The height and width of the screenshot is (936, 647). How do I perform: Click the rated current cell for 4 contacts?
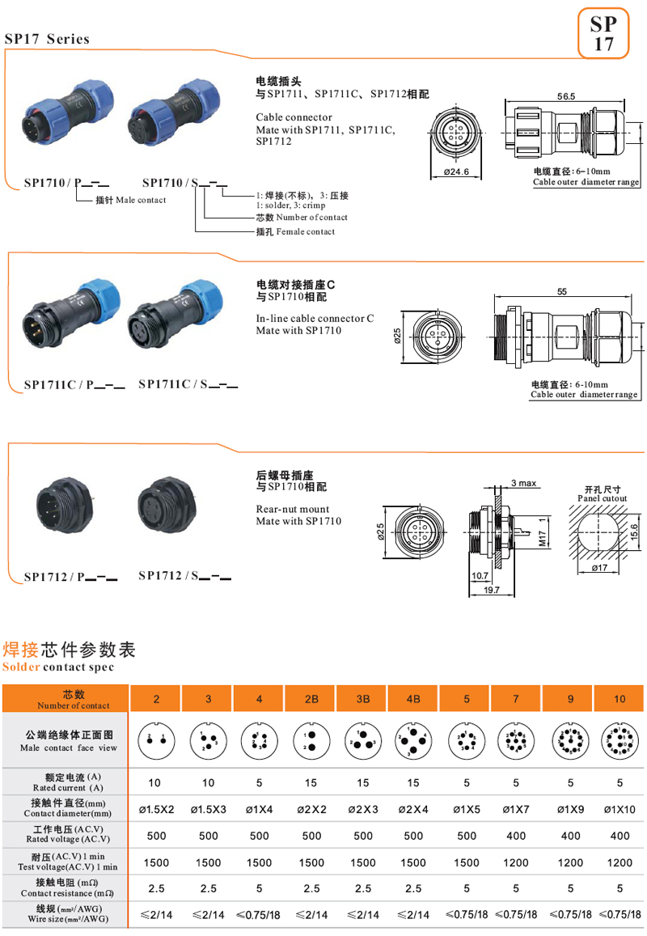pyautogui.click(x=259, y=783)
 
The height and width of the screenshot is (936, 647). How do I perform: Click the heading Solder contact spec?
pyautogui.click(x=57, y=667)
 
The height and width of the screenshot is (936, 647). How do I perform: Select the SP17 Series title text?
pyautogui.click(x=47, y=39)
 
